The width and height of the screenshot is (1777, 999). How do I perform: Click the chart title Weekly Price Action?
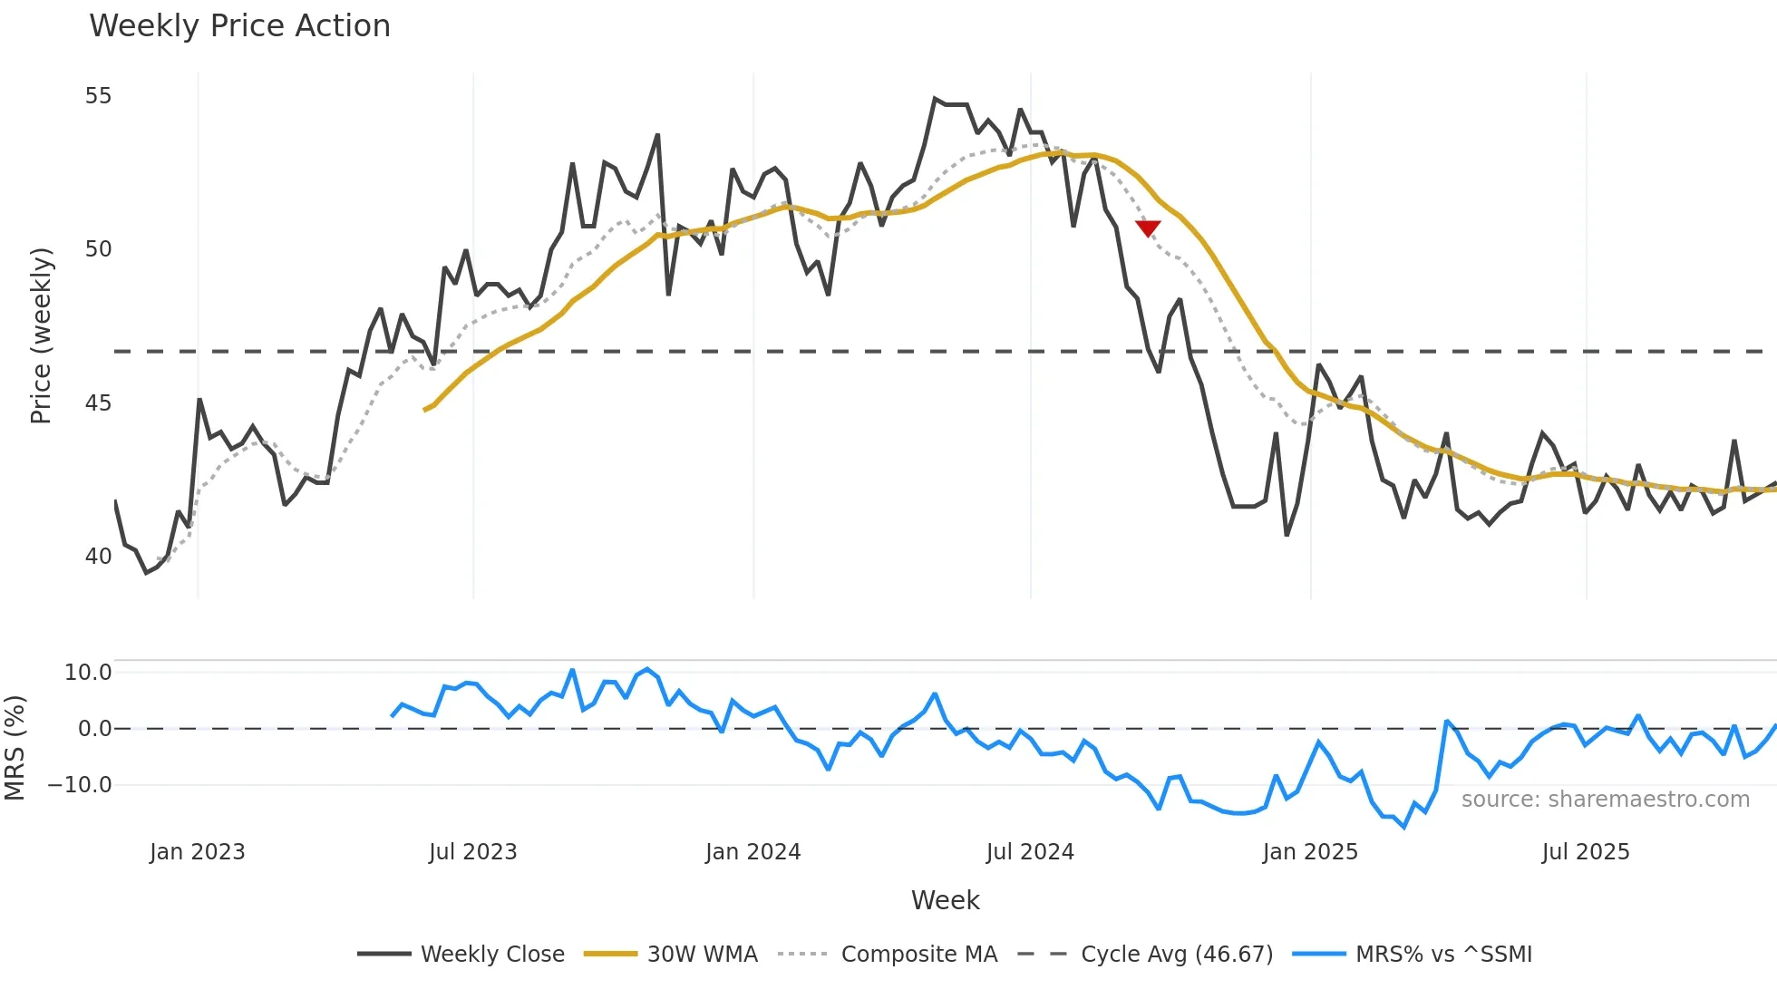tap(239, 26)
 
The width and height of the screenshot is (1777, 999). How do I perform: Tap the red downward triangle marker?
tap(1148, 228)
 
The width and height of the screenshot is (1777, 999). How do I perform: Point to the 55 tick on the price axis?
tap(98, 96)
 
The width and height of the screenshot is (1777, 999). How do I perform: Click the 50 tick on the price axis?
tap(98, 249)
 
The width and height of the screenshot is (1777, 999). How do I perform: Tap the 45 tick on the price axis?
tap(98, 403)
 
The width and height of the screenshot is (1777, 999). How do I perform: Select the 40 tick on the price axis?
tap(98, 556)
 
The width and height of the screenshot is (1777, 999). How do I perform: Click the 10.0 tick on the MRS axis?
tap(88, 673)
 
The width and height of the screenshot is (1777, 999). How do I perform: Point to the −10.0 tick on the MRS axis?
tap(80, 785)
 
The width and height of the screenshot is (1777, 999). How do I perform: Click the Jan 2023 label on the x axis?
tap(198, 852)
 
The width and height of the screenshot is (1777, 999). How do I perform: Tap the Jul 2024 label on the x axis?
tap(1030, 852)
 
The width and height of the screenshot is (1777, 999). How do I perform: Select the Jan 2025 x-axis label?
tap(1310, 852)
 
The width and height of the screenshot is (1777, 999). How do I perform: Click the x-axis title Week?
tap(945, 900)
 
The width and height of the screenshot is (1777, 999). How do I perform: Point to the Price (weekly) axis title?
tap(42, 335)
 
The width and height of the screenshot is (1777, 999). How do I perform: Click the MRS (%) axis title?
tap(15, 748)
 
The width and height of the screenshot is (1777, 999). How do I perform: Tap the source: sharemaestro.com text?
tap(1605, 800)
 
